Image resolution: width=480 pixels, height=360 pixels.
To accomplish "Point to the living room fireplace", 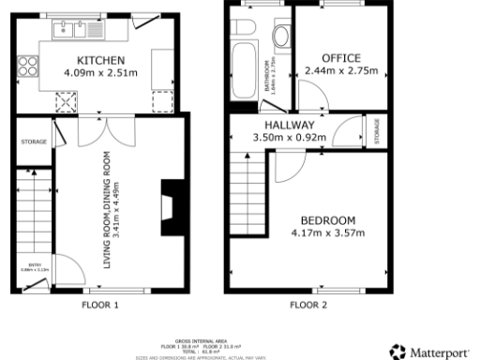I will (x=169, y=206).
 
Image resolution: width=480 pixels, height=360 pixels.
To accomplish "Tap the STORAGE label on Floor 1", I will (x=33, y=142).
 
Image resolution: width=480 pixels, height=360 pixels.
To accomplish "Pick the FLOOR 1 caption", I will (x=101, y=306).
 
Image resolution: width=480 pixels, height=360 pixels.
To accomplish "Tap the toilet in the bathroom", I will (x=279, y=37).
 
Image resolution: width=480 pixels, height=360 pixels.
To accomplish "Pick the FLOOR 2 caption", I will (x=307, y=306).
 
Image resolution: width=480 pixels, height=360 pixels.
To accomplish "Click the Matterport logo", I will (x=432, y=352).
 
